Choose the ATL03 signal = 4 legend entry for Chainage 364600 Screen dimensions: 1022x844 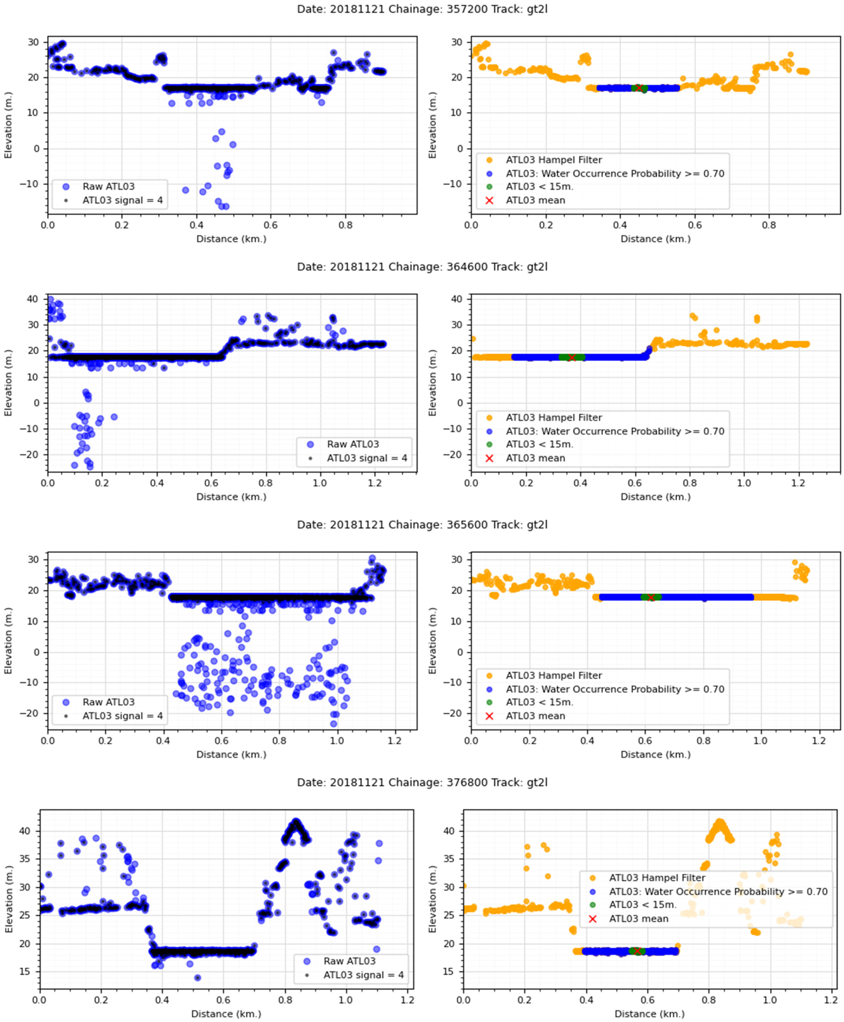(x=367, y=458)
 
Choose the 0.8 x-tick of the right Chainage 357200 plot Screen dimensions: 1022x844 (x=769, y=225)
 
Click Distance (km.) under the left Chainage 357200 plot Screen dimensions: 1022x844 (x=231, y=239)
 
